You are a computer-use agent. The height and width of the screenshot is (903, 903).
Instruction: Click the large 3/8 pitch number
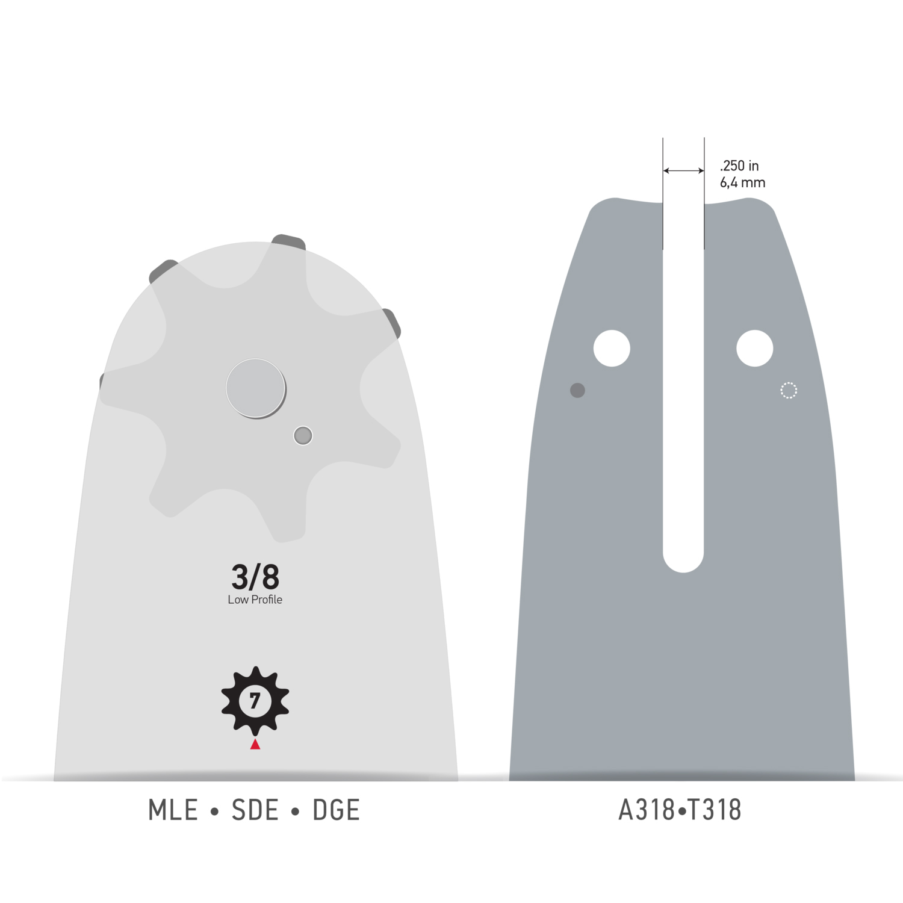coord(255,577)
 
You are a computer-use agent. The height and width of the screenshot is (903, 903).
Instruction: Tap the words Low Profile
coord(255,600)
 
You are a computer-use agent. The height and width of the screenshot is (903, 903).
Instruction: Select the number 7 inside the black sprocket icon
coord(255,701)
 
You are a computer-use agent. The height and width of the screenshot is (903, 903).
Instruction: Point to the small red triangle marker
coord(255,745)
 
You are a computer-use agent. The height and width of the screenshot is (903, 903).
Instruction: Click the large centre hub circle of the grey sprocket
coord(256,388)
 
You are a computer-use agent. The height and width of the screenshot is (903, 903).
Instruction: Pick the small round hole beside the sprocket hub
coord(303,435)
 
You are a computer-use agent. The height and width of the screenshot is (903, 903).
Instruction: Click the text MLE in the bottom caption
coord(173,810)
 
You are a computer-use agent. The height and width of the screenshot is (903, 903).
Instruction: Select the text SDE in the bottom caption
coord(255,810)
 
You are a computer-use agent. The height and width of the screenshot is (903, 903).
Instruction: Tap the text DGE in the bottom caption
coord(336,810)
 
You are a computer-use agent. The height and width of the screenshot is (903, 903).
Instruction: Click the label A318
coord(647,810)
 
